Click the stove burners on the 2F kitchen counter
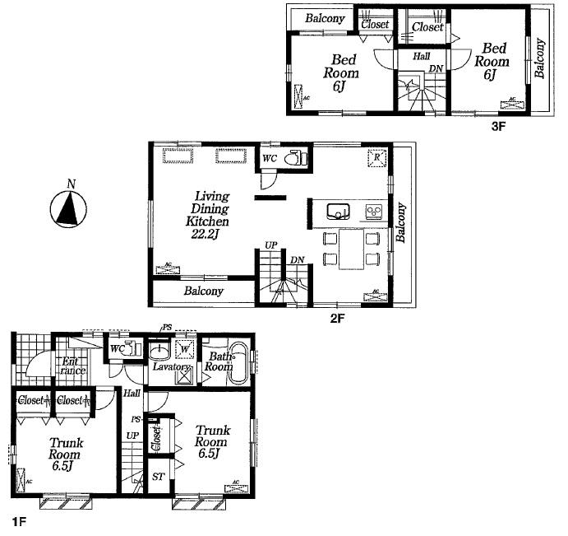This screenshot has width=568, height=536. [373, 211]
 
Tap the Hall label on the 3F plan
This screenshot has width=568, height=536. [421, 57]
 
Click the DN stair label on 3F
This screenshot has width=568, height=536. [436, 68]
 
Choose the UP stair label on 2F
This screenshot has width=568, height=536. [270, 245]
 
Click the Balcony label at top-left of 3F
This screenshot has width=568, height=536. [324, 18]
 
